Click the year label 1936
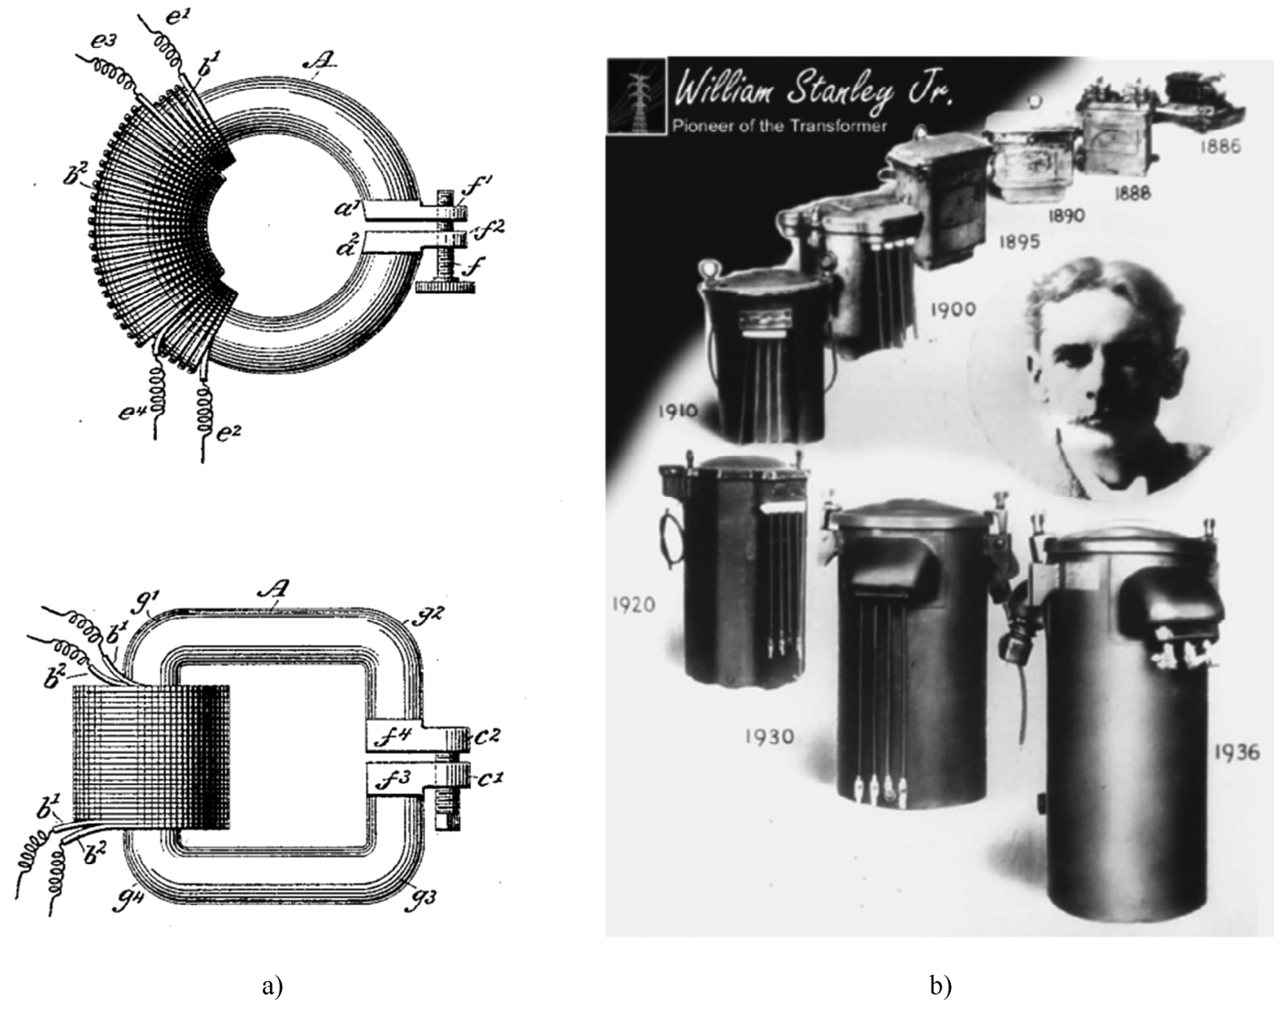coord(1236,751)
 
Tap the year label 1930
coord(769,736)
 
